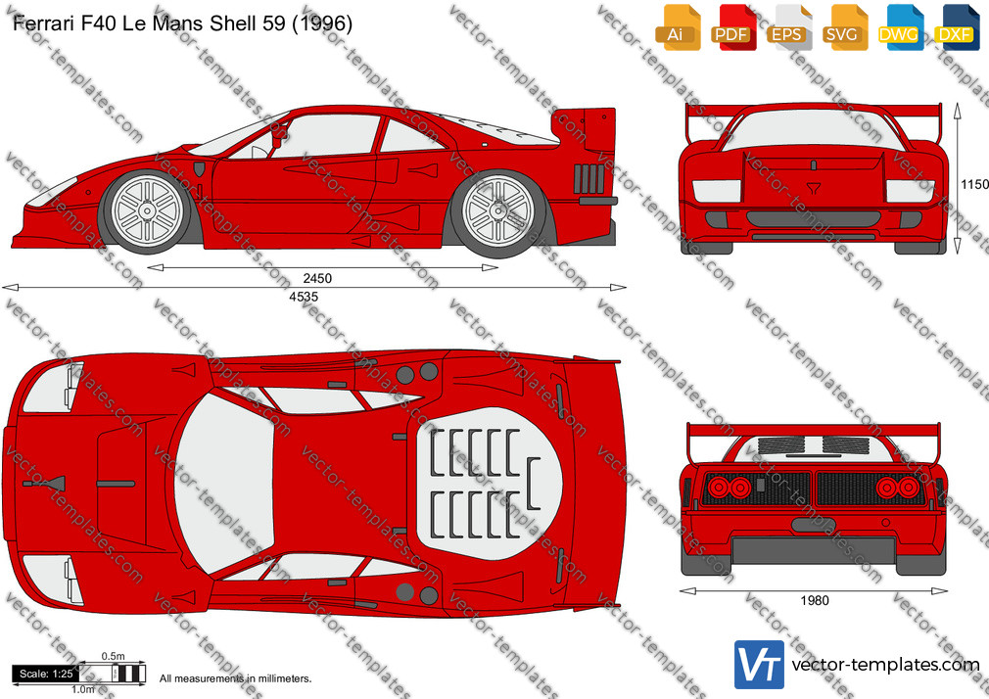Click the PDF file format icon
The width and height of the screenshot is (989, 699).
(732, 27)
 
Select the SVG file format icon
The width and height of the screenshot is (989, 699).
(844, 27)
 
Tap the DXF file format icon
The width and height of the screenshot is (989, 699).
(957, 27)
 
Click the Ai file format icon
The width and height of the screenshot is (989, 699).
(678, 27)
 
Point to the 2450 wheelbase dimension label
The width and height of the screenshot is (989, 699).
(316, 278)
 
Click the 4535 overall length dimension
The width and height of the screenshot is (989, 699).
(304, 297)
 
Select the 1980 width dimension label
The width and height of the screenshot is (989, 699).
(815, 600)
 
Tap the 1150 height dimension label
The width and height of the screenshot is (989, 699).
(974, 184)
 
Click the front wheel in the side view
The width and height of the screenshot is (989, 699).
(147, 211)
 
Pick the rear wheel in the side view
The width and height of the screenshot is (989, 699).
(498, 212)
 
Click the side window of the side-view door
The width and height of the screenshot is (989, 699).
(327, 136)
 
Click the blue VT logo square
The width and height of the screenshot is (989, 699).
(760, 665)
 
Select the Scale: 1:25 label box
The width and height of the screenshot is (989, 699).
(46, 674)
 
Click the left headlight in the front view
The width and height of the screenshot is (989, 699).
(717, 191)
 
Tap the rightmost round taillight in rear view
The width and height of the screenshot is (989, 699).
(909, 488)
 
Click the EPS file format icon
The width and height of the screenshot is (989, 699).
(788, 27)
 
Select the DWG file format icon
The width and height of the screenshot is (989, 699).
(901, 27)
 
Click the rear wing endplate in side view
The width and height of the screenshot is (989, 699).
(598, 128)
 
